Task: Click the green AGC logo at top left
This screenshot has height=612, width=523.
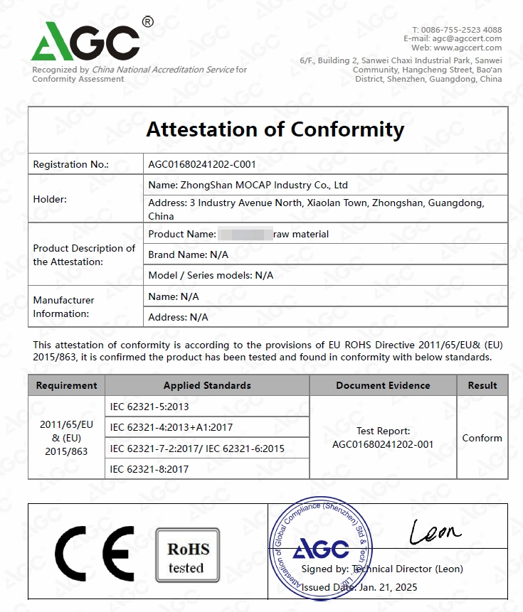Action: coord(85,41)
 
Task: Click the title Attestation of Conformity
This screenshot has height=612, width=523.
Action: coord(275,129)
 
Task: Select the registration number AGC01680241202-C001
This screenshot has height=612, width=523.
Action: coord(202,164)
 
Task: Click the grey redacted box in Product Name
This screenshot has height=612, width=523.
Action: coord(245,233)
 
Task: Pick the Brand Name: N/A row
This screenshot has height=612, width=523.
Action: coord(188,254)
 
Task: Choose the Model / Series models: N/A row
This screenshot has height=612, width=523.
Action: coord(211,275)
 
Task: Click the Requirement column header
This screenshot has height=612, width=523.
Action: coord(66,385)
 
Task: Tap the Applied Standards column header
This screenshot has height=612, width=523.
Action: coord(207,385)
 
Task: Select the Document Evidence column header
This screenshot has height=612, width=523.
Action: coord(383,385)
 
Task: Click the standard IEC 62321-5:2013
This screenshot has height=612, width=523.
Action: coord(149,407)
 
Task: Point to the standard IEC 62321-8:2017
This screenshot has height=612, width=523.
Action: coord(149,468)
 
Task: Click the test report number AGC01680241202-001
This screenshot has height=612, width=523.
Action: coord(383,444)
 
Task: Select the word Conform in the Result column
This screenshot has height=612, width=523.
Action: coord(482,438)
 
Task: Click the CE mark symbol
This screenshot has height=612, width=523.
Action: coord(95,554)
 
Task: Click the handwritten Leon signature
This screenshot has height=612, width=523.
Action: coord(435,531)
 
